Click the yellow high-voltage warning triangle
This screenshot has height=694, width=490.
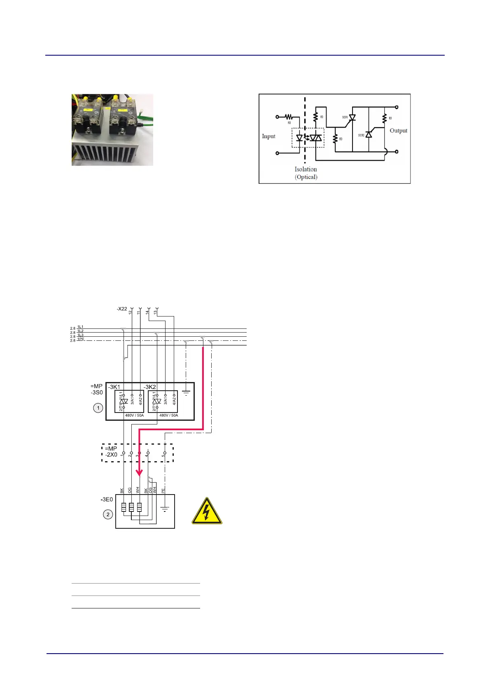207,511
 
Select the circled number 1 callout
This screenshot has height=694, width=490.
98,408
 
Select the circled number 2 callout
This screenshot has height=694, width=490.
108,514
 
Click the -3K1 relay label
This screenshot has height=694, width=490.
114,387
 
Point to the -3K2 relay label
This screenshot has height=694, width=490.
150,387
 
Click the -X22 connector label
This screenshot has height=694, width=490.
122,309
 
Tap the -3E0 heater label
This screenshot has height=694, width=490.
107,499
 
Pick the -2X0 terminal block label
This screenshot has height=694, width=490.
111,455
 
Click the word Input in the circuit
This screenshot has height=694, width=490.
268,136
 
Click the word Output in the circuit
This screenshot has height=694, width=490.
398,131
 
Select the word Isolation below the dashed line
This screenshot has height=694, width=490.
306,169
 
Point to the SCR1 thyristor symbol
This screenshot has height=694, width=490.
352,117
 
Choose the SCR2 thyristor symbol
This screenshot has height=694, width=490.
369,134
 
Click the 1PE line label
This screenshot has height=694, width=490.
80,339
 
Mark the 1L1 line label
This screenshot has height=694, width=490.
80,327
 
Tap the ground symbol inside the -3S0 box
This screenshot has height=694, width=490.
186,393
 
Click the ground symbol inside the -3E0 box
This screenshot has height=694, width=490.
165,509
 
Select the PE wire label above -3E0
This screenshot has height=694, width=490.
163,490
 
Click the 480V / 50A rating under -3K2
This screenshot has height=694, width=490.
168,415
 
